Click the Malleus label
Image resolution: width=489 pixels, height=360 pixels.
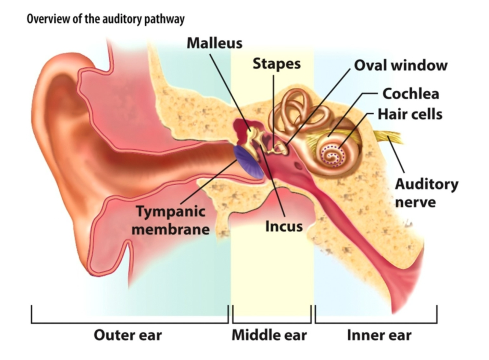point(214,43)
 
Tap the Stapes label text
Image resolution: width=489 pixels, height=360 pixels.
point(276,64)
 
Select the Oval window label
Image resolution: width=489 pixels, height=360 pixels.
point(401,66)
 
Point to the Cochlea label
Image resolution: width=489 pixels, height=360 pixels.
point(411,94)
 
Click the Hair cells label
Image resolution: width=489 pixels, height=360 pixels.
point(410,114)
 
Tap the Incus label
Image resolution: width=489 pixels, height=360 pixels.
point(284,226)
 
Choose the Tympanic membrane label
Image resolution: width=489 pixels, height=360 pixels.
point(171,220)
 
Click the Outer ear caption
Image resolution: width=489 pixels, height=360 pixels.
point(128,335)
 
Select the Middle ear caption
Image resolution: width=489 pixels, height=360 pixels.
point(269,335)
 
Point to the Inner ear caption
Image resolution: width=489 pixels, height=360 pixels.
point(379,335)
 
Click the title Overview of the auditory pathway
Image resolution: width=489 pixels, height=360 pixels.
point(106,19)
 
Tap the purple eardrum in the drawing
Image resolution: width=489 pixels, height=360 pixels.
point(248,162)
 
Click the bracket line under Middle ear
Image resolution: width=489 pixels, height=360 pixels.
point(271,323)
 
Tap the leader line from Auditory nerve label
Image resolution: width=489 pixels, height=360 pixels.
point(397,158)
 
